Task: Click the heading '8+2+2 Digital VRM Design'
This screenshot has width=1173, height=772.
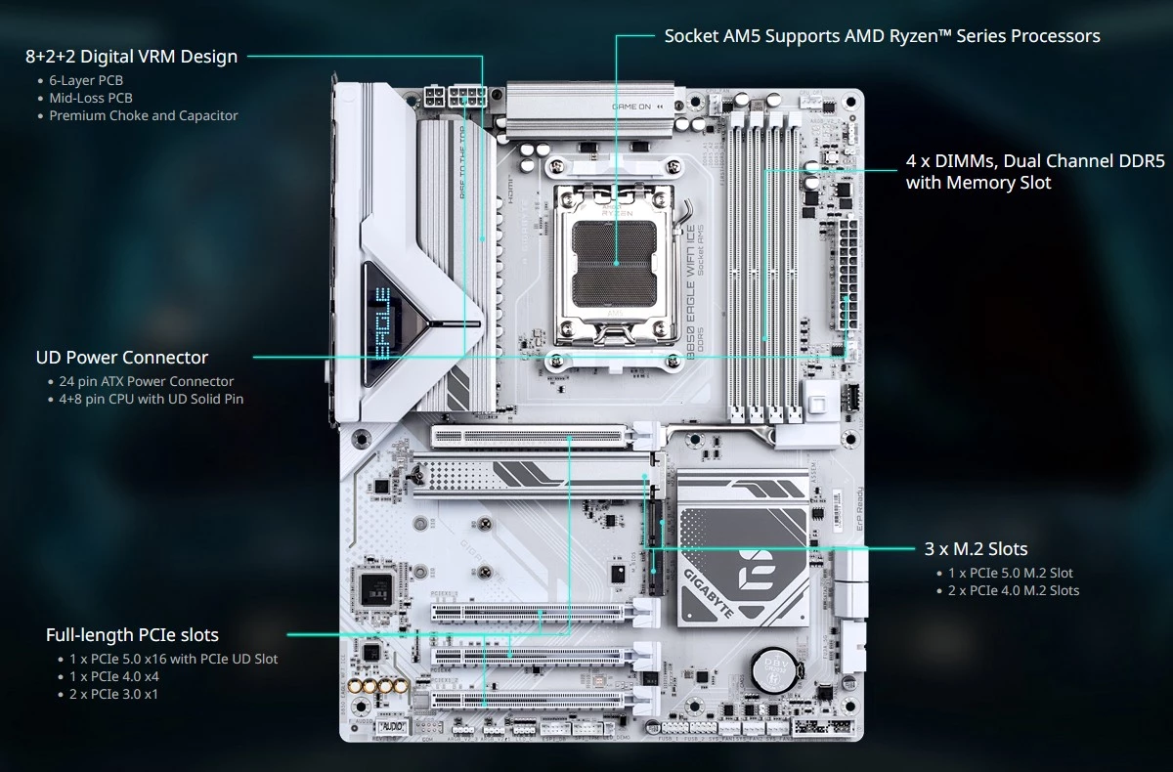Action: click(x=131, y=57)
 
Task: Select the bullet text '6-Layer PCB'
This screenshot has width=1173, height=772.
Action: click(x=86, y=80)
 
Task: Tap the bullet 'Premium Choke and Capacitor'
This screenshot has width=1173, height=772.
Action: click(x=144, y=115)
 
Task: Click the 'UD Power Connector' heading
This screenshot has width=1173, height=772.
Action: click(x=122, y=358)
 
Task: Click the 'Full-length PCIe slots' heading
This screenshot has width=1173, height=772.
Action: click(x=132, y=635)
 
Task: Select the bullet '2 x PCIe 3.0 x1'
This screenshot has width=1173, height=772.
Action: click(x=113, y=694)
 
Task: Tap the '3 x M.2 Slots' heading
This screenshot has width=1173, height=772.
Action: click(x=976, y=549)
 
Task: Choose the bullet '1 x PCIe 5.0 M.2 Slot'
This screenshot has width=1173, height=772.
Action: click(x=1011, y=573)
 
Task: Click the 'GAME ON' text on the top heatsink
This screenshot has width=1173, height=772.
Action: click(x=631, y=106)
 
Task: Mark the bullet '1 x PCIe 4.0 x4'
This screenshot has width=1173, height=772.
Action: click(x=114, y=676)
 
